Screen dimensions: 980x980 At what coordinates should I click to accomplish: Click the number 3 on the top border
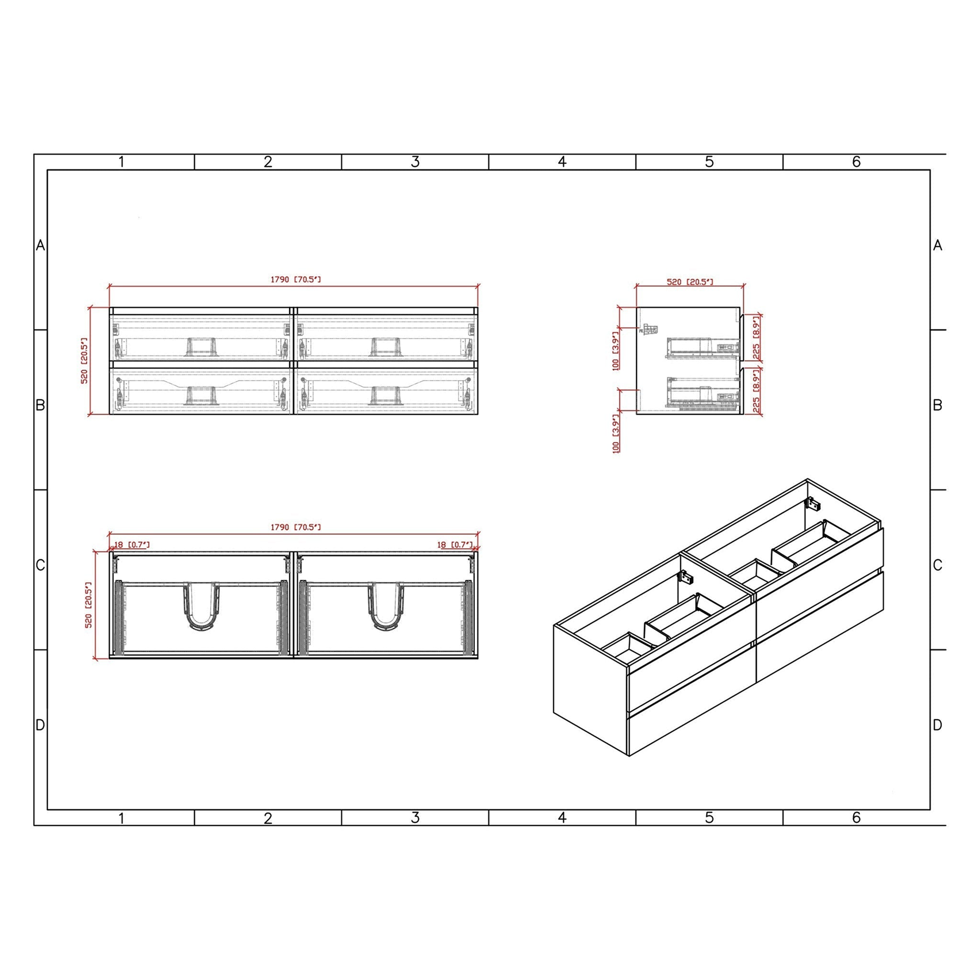(415, 162)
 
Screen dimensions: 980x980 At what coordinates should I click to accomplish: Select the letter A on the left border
(40, 246)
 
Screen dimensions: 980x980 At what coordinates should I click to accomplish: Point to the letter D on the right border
(938, 725)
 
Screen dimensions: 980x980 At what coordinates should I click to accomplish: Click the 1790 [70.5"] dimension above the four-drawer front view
(296, 279)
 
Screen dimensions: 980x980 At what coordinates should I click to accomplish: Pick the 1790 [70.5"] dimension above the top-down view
(296, 527)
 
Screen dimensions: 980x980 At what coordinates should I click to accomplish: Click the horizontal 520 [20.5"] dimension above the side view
(690, 282)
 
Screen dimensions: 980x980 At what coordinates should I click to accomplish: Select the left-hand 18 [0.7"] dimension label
(132, 544)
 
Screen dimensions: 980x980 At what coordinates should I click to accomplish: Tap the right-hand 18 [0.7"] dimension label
(455, 544)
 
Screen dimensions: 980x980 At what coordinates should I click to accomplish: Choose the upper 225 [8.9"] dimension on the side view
(756, 338)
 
